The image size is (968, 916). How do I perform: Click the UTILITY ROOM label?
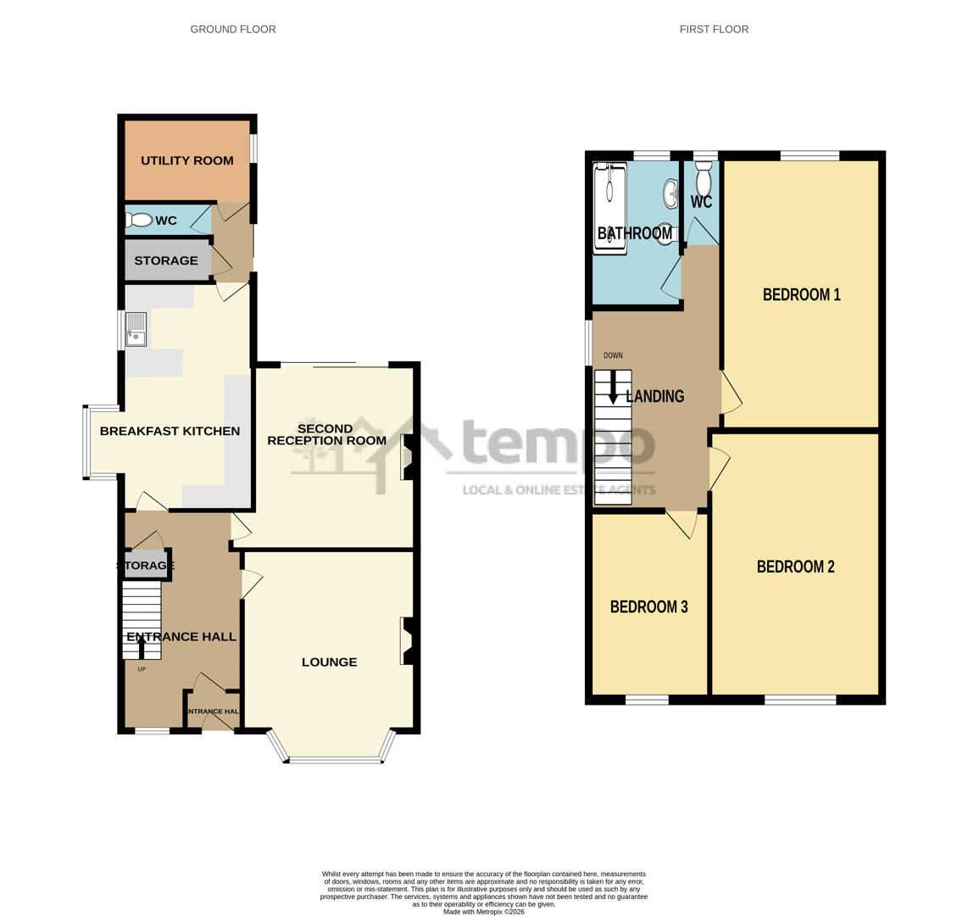tap(186, 160)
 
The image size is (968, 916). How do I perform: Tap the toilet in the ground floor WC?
tap(139, 221)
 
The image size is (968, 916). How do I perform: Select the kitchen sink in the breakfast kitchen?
tap(136, 329)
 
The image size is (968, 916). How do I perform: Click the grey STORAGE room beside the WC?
tap(166, 260)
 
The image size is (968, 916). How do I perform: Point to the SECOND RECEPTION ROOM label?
tap(326, 434)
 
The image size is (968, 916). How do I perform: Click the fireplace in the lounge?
tap(407, 640)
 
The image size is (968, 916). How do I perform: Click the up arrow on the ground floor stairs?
tap(142, 648)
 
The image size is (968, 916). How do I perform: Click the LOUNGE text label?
tap(329, 662)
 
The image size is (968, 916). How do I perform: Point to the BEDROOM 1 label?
tap(801, 295)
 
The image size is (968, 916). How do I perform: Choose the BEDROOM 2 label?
tap(795, 567)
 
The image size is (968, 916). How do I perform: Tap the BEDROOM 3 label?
tap(648, 607)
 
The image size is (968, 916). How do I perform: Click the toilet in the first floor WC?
tap(703, 180)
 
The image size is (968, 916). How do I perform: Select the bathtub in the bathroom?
tap(609, 209)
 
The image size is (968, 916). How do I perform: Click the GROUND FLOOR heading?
tap(233, 29)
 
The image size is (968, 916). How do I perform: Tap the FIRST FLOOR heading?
tap(714, 29)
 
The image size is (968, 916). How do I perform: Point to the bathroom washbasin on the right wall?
tap(670, 193)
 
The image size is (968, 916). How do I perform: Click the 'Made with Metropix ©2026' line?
tap(484, 912)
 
